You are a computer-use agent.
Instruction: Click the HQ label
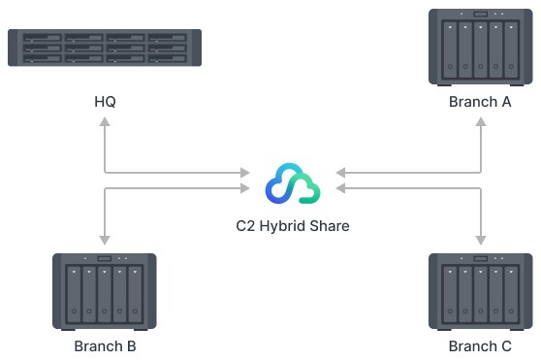(x=105, y=102)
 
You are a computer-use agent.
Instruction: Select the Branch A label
(x=479, y=102)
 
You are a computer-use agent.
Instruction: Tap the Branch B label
(x=105, y=345)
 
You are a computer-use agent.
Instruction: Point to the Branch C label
(x=479, y=345)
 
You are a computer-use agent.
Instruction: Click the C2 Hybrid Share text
(x=293, y=225)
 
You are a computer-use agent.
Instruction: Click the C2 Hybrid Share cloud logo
(x=293, y=183)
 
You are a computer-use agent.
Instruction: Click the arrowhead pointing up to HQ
(x=104, y=125)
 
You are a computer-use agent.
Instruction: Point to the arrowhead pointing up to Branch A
(x=480, y=125)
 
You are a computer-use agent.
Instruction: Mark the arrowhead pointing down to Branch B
(x=104, y=238)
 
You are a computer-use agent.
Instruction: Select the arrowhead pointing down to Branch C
(x=480, y=238)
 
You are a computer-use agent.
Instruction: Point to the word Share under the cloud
(x=329, y=225)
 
